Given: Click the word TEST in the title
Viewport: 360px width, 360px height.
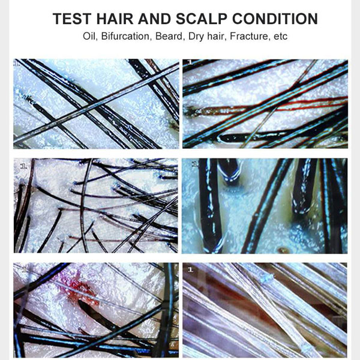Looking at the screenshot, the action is [x=72, y=19].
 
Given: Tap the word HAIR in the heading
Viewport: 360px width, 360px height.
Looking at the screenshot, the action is [x=115, y=19].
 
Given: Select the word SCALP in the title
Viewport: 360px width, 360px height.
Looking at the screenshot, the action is [x=202, y=19].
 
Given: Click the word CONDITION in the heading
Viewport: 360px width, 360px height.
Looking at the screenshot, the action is [x=275, y=19].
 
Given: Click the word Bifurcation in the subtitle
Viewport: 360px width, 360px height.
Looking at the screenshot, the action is [x=125, y=36].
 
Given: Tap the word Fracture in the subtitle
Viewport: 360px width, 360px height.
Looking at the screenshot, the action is [x=250, y=36].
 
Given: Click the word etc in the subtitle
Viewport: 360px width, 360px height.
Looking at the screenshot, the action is [x=281, y=37].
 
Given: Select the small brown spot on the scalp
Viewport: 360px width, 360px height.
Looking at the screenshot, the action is [x=283, y=250].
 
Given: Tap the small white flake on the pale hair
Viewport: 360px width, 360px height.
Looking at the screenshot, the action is [x=267, y=278].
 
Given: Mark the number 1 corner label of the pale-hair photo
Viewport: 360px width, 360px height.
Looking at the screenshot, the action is [x=190, y=270].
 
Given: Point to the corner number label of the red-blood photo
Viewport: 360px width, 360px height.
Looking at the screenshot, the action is [x=25, y=269].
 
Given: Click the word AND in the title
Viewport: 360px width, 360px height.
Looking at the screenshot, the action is [x=155, y=19].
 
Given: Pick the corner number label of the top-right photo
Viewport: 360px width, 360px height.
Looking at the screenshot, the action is [x=190, y=62].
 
